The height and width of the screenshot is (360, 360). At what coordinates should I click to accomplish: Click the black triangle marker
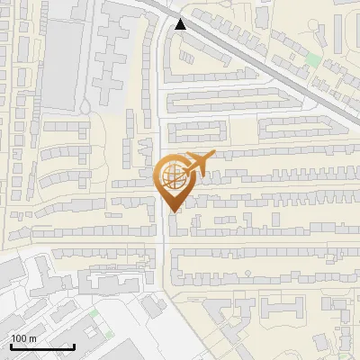pos(183,24)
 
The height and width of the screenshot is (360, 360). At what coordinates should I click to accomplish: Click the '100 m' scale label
pos(24,337)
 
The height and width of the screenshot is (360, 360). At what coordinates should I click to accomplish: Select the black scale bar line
pos(41,346)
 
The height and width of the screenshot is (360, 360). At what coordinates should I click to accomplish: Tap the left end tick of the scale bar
pos(10,345)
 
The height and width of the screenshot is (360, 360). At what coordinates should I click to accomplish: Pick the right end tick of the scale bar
pos(74,345)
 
